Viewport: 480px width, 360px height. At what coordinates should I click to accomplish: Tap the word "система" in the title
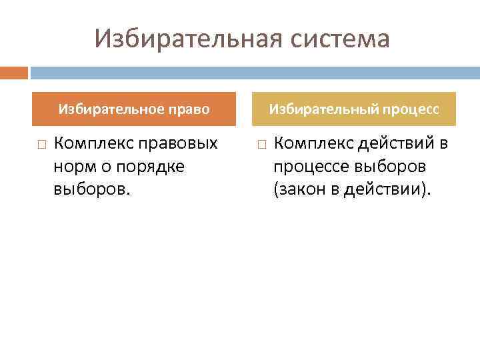341,39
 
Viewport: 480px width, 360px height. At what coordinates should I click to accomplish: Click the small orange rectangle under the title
13,72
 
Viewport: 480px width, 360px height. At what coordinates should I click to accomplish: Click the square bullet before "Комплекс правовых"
41,144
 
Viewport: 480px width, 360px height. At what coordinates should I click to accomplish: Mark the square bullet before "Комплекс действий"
261,144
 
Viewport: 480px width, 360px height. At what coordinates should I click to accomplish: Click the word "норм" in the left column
71,167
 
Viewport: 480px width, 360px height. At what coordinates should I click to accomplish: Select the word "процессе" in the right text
309,167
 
